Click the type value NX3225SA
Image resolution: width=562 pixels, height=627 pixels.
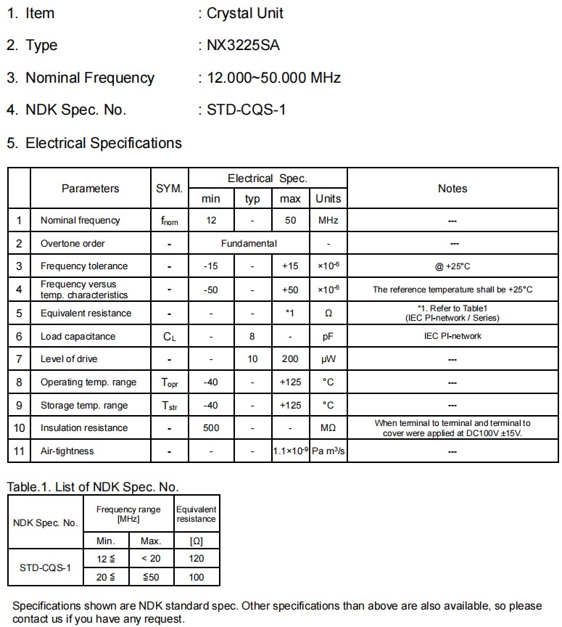(244, 45)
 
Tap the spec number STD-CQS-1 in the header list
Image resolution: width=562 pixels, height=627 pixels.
(247, 110)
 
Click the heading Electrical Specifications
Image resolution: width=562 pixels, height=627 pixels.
(104, 143)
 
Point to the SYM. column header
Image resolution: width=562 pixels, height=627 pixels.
(169, 189)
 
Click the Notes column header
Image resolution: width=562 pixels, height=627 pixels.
(453, 189)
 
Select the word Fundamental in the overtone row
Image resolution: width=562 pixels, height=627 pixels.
(249, 243)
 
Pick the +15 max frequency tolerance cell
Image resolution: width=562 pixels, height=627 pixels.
(290, 266)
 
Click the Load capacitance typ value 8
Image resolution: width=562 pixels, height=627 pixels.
(252, 336)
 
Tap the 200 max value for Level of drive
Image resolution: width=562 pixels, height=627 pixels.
(290, 358)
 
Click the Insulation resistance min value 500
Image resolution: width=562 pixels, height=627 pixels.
(211, 427)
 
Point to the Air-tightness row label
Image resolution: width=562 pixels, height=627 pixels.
(67, 451)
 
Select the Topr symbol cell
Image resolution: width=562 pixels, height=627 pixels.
(169, 382)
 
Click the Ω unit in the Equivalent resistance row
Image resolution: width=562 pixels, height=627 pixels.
(328, 313)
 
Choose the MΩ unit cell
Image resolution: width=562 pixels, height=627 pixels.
(328, 427)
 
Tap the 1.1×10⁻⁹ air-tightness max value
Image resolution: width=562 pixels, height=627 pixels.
(291, 451)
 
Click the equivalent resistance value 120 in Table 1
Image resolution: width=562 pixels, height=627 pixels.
(197, 558)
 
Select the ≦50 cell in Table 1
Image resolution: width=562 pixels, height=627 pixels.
(151, 577)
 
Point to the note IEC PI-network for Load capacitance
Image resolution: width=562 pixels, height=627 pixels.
(453, 336)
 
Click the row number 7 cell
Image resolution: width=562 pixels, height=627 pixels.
(19, 358)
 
